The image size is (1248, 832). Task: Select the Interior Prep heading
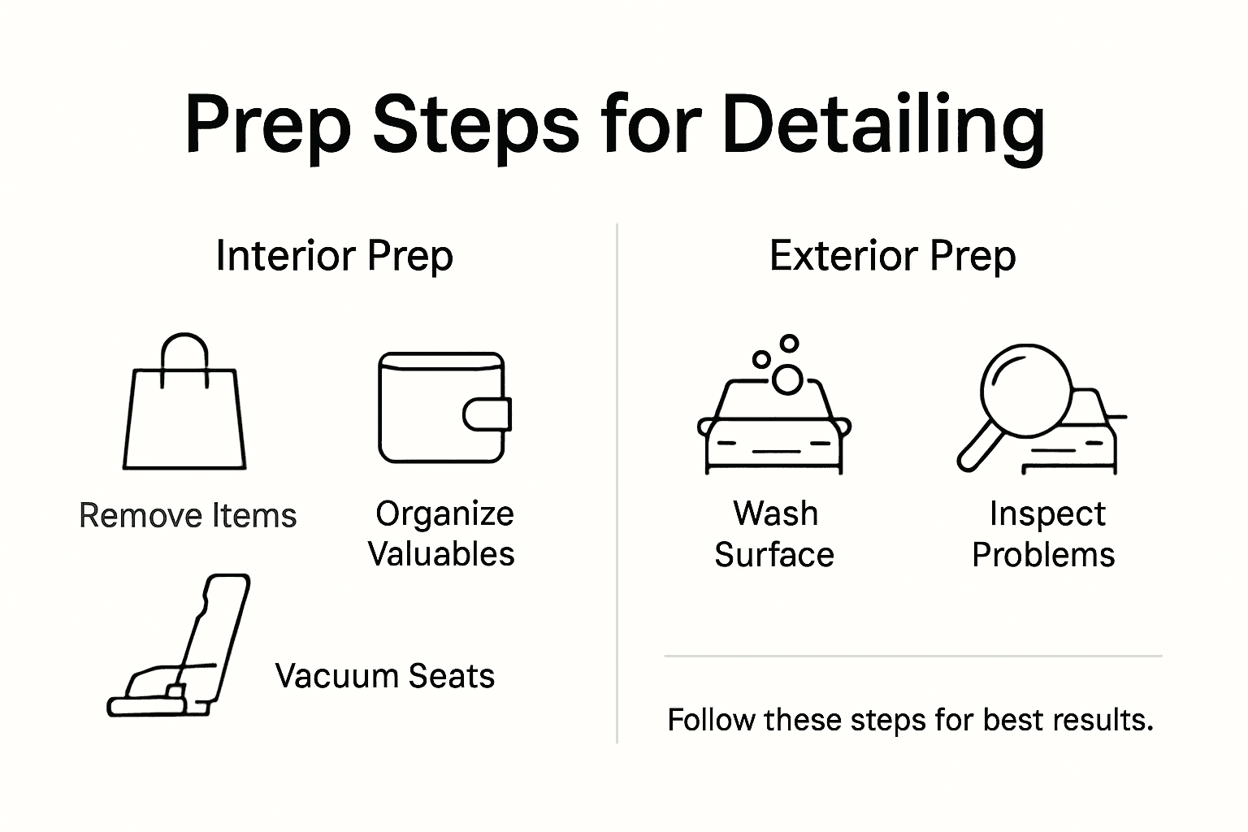334,256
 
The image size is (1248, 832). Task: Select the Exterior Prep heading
892,256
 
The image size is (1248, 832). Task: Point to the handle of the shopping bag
184,349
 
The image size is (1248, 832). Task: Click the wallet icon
444,408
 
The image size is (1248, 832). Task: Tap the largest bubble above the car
786,379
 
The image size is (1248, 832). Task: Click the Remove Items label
188,516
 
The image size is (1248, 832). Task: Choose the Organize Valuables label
441,534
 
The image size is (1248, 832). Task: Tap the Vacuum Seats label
384,676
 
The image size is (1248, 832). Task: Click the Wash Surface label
774,535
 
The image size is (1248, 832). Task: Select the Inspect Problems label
1044,535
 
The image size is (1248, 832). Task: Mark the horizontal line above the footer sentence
912,655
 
